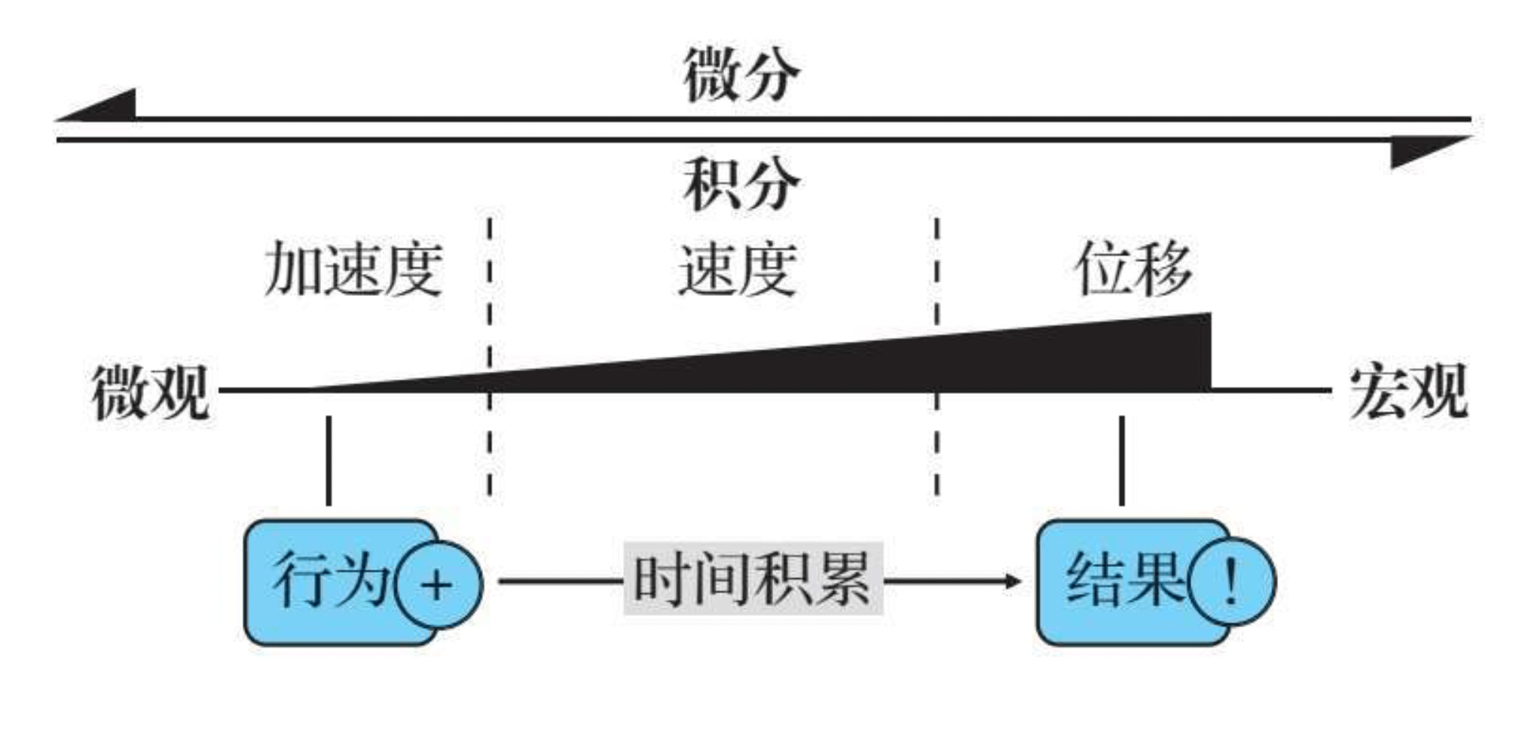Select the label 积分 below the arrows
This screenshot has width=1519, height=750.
coord(741,185)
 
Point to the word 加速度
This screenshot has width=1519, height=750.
coord(353,270)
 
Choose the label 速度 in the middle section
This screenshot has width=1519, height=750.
coord(737,270)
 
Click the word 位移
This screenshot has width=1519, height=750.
coord(1133,268)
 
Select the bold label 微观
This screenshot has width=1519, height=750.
coord(151,392)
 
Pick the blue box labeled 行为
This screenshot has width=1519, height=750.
coord(324,582)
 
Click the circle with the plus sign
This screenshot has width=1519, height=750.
coord(438,584)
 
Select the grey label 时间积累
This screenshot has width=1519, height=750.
coord(752,578)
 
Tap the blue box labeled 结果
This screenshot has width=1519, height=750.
coord(1115,582)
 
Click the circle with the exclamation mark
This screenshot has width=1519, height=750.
coord(1231,581)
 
